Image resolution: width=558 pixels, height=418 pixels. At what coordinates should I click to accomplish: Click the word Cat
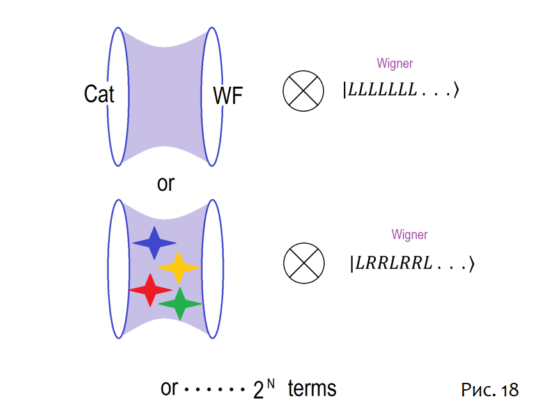click(99, 94)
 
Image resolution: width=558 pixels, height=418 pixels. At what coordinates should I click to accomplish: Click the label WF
click(228, 97)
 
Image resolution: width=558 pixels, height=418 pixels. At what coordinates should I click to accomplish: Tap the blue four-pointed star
click(154, 243)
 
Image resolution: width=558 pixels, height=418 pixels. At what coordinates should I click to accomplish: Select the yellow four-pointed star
click(178, 267)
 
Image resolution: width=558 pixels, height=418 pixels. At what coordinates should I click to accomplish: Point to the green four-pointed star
click(180, 304)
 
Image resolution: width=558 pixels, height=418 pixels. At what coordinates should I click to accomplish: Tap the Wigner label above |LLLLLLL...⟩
click(394, 63)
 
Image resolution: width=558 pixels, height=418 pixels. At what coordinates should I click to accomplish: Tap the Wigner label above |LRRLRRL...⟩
click(409, 234)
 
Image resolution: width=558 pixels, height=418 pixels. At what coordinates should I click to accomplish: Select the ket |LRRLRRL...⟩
click(412, 263)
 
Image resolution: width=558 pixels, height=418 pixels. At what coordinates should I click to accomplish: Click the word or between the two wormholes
click(166, 184)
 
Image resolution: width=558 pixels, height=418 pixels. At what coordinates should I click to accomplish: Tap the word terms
click(311, 388)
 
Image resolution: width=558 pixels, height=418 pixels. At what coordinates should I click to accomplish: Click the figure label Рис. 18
click(490, 390)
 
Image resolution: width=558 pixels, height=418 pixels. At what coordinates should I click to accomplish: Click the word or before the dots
click(169, 388)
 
